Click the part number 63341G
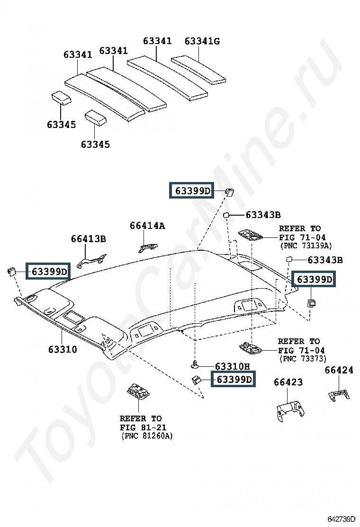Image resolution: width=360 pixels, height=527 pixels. [202, 41]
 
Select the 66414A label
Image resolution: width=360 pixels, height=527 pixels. [147, 226]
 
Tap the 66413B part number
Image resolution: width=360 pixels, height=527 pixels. [88, 239]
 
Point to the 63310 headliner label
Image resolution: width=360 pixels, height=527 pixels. [63, 349]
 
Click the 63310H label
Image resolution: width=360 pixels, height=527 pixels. [233, 366]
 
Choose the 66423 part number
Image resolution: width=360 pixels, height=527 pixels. [288, 382]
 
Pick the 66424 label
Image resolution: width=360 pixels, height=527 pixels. [339, 370]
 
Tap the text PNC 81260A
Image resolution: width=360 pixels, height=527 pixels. [147, 436]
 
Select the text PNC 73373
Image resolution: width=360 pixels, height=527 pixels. [303, 359]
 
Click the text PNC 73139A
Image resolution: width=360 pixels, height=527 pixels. [306, 246]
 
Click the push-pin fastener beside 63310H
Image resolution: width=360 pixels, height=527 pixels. [195, 363]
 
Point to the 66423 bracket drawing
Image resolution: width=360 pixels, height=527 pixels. [290, 410]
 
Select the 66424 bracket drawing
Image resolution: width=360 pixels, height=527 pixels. [339, 395]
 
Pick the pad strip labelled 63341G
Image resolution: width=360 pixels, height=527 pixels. [198, 70]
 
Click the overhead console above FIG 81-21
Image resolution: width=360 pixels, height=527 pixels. [138, 391]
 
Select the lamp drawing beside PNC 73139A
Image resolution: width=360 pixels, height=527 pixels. [251, 235]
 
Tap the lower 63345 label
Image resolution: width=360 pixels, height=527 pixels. [95, 145]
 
